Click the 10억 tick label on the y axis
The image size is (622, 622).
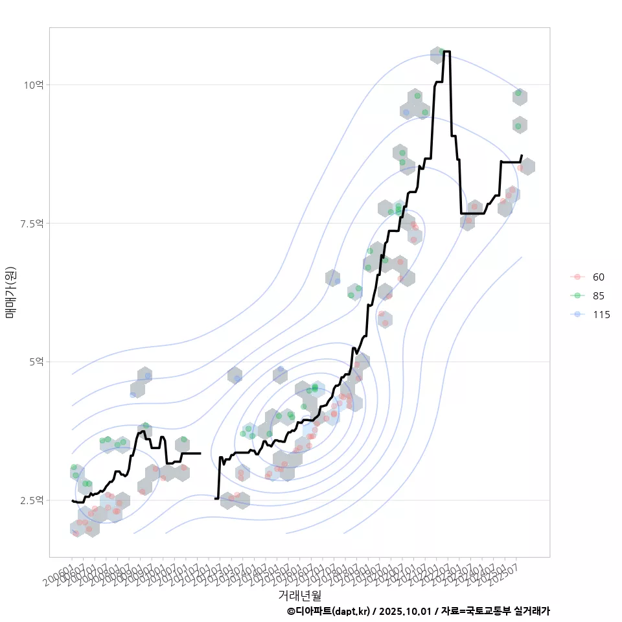click(34, 85)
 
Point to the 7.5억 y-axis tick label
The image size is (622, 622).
click(31, 224)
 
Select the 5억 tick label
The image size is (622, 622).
click(36, 362)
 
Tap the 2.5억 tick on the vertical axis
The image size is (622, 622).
click(31, 500)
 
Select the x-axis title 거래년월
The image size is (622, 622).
click(299, 595)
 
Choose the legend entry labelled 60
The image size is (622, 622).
click(598, 277)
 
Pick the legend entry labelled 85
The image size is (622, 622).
click(598, 296)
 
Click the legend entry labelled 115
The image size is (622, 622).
click(601, 315)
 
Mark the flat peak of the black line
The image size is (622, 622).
click(447, 51)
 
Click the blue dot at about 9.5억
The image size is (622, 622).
click(406, 112)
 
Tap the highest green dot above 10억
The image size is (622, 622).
click(441, 51)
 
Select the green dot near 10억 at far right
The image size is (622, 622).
click(518, 93)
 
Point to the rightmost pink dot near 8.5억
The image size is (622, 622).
click(520, 168)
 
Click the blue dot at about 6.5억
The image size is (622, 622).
click(337, 281)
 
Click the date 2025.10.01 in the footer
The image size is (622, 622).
click(406, 611)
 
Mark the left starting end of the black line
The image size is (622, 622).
click(72, 500)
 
